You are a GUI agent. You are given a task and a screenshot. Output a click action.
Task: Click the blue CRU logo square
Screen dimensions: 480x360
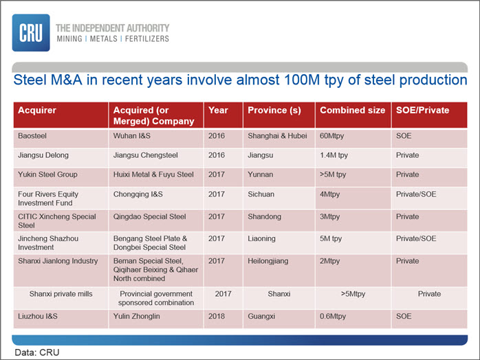31,33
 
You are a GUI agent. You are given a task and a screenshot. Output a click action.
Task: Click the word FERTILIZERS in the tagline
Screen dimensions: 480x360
147,39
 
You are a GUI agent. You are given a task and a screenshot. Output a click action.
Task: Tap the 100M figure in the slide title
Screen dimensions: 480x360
302,80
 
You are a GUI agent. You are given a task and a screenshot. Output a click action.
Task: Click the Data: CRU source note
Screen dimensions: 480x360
37,352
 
